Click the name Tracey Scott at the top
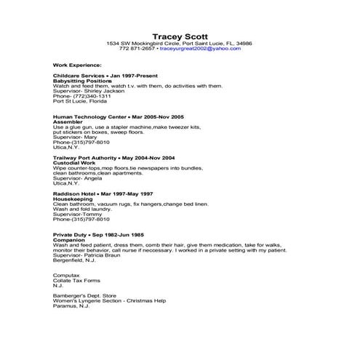(x=179, y=36)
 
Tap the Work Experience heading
(x=77, y=64)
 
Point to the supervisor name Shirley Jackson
(x=99, y=91)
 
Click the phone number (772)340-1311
(x=90, y=96)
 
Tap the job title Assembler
(x=68, y=122)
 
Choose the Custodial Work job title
(x=74, y=162)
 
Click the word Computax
(x=67, y=276)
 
